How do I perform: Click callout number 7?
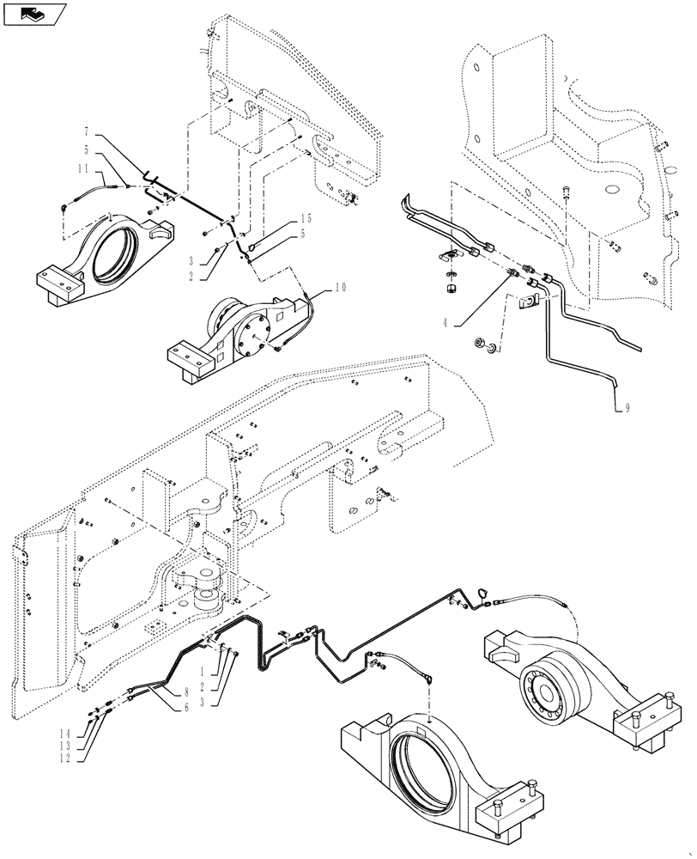pyautogui.click(x=87, y=133)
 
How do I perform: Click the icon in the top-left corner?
pyautogui.click(x=33, y=14)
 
